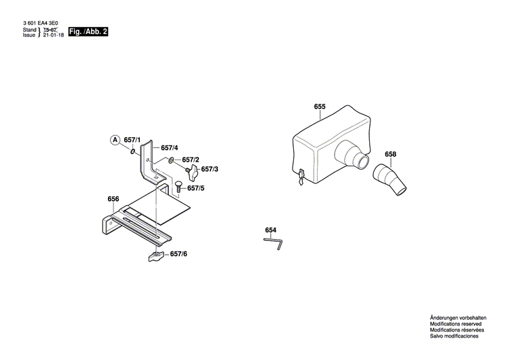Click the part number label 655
[320, 107]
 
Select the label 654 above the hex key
[271, 230]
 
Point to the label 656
[113, 199]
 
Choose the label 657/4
[170, 147]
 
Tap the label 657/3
[209, 168]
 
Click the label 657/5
[195, 188]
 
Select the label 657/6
[178, 253]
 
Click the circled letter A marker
[115, 140]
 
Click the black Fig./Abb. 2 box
[88, 32]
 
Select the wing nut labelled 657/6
[155, 257]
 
